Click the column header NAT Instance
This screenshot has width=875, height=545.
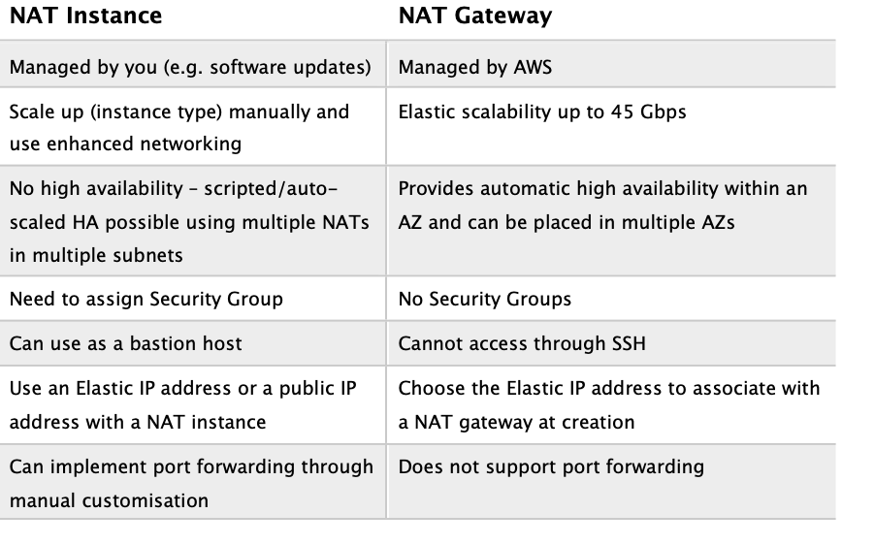click(x=85, y=16)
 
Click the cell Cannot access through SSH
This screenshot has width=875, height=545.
click(x=522, y=343)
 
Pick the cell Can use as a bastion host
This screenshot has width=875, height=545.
click(x=125, y=343)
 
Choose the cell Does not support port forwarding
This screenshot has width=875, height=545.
click(x=551, y=466)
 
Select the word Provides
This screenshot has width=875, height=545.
click(x=432, y=189)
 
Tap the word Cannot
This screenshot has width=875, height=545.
click(x=427, y=343)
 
